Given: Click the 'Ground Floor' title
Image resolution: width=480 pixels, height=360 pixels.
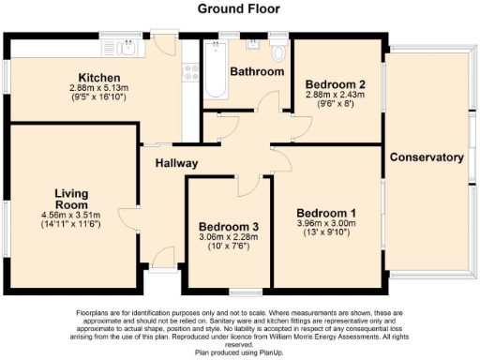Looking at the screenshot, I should pos(239,8).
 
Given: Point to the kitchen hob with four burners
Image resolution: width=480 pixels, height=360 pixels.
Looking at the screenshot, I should pos(190,71).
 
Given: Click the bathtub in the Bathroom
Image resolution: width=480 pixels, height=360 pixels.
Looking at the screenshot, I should pos(215,78).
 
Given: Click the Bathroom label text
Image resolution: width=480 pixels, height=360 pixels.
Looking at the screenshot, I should pos(258,71).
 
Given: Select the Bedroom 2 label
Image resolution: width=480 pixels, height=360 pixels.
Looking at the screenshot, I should pos(335,84).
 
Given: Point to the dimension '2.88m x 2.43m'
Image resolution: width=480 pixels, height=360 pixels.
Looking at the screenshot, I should pos(335,96).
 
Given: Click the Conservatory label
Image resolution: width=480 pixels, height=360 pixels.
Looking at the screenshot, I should pos(427,157).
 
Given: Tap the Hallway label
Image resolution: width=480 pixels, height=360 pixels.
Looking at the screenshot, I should pos(176,163).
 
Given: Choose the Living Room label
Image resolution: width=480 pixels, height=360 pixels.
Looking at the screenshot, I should pos(70,199).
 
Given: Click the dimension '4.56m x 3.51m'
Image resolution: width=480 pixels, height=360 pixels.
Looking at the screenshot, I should pos(70,215).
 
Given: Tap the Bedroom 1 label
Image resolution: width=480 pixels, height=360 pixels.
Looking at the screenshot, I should pos(327,211).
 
